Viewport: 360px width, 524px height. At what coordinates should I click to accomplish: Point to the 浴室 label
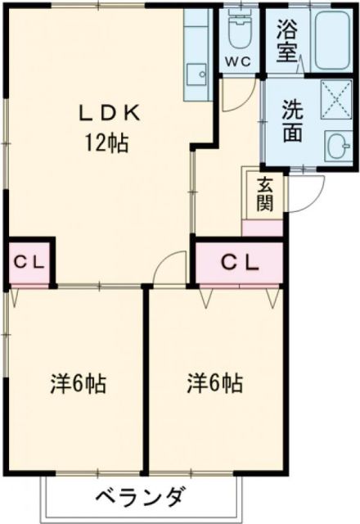[286, 42]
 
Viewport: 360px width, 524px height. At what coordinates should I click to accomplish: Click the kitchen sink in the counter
[196, 75]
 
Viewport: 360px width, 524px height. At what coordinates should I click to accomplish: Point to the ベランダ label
[140, 496]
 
